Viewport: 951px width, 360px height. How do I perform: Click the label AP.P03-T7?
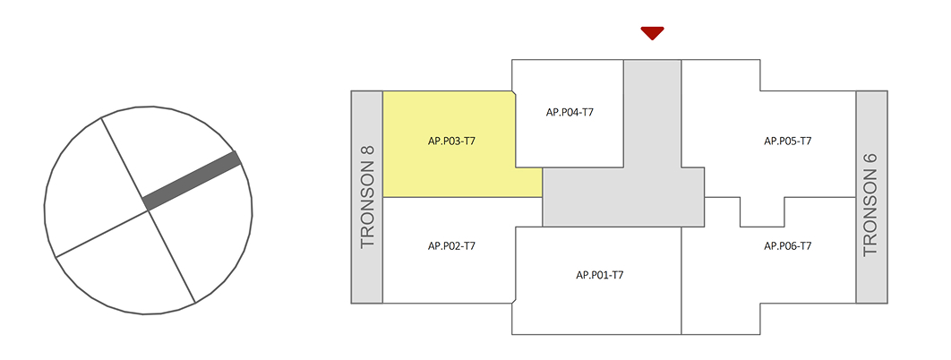(x=451, y=141)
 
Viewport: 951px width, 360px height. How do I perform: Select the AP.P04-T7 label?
(x=570, y=112)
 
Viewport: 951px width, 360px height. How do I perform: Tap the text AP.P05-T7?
(x=787, y=141)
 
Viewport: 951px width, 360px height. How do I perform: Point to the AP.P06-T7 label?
(x=787, y=245)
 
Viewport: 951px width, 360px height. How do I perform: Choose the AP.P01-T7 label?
(x=599, y=275)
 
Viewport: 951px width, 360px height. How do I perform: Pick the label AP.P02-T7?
(x=451, y=245)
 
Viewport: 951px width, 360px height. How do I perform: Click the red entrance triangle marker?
(x=652, y=33)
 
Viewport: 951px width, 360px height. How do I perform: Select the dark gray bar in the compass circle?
(x=193, y=182)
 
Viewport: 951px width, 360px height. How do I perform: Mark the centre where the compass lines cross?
(x=147, y=210)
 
